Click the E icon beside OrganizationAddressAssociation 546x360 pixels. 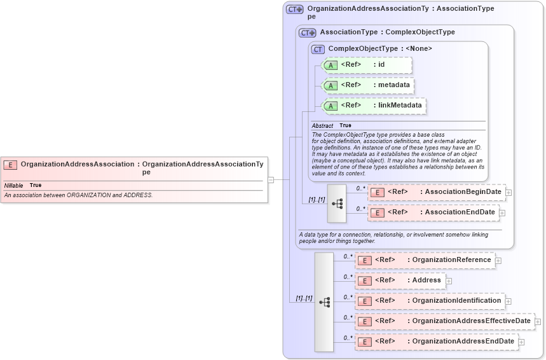pyautogui.click(x=10, y=165)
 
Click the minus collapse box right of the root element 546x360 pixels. pyautogui.click(x=270, y=180)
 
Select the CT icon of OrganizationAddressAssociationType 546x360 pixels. pyautogui.click(x=294, y=10)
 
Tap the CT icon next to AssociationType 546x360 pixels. pyautogui.click(x=307, y=32)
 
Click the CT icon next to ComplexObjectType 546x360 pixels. pyautogui.click(x=318, y=49)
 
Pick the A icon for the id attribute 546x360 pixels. pyautogui.click(x=331, y=66)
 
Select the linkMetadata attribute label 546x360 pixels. pyautogui.click(x=400, y=105)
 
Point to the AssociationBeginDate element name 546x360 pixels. pyautogui.click(x=463, y=191)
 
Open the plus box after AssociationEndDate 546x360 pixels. pyautogui.click(x=502, y=213)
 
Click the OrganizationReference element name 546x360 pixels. pyautogui.click(x=451, y=260)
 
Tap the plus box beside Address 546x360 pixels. pyautogui.click(x=449, y=280)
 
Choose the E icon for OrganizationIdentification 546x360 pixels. pyautogui.click(x=364, y=301)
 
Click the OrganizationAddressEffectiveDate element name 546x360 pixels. pyautogui.click(x=471, y=321)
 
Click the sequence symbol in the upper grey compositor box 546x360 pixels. pyautogui.click(x=337, y=204)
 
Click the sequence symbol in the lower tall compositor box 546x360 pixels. pyautogui.click(x=324, y=302)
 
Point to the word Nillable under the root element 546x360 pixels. pyautogui.click(x=14, y=185)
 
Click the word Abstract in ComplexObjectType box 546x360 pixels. pyautogui.click(x=322, y=126)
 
